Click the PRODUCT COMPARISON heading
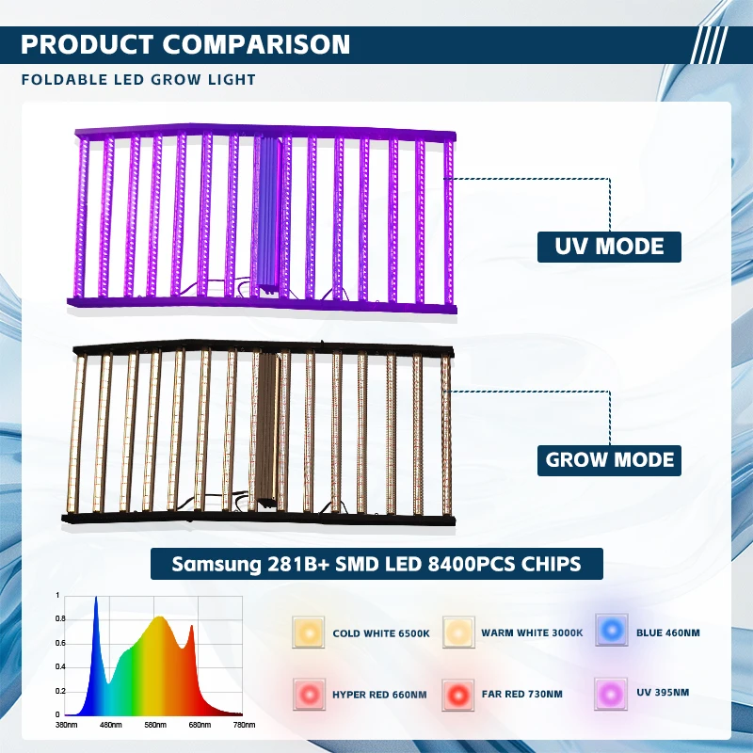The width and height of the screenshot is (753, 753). [x=185, y=44]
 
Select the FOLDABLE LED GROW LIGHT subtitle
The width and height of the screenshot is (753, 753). [x=138, y=79]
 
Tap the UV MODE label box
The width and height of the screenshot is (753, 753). [x=609, y=247]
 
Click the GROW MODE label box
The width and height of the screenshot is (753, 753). [x=610, y=460]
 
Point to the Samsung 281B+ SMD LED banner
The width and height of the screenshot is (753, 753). [x=376, y=564]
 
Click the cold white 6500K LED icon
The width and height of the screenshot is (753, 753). [x=308, y=633]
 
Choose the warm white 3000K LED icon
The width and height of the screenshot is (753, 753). [x=457, y=633]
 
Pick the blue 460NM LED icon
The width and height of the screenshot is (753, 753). [x=611, y=632]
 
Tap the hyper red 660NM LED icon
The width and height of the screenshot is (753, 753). [x=308, y=694]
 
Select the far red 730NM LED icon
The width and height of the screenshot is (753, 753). [x=457, y=694]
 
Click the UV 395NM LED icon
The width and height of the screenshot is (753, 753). [x=611, y=694]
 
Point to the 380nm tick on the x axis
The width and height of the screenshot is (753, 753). [x=67, y=725]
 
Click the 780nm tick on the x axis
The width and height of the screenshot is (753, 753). [x=244, y=725]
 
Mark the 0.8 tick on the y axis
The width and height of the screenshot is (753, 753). [x=57, y=618]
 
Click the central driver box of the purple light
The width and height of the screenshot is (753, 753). [x=265, y=214]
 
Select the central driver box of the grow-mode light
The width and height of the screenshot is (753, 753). [x=266, y=428]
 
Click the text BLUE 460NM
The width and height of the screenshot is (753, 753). [x=668, y=633]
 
